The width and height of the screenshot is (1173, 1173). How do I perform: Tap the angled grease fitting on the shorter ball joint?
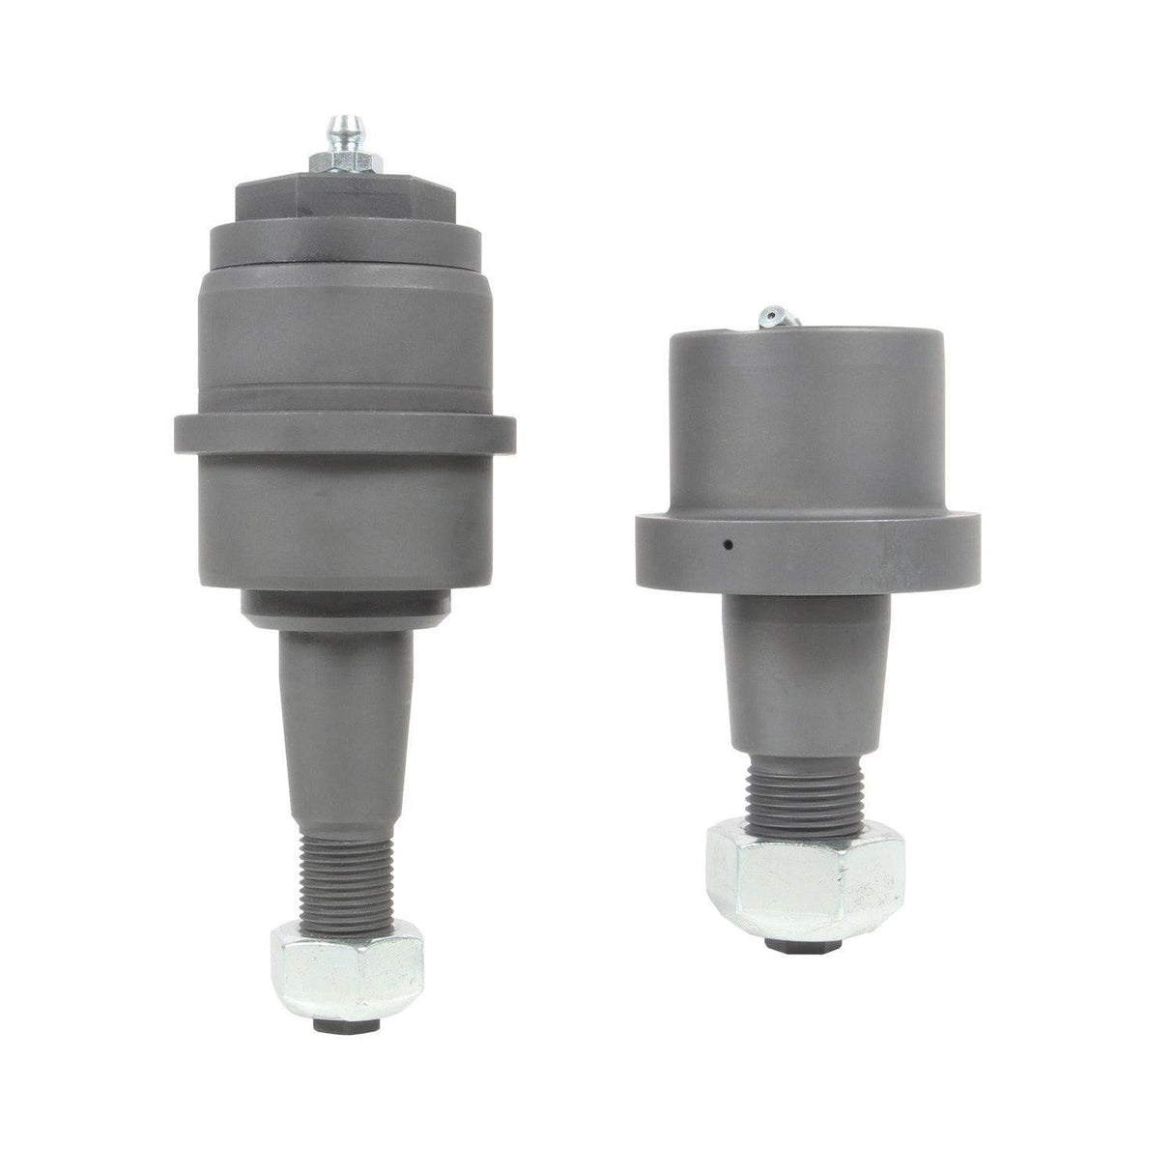click(x=773, y=315)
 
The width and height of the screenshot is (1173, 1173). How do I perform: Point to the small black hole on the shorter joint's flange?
click(x=729, y=545)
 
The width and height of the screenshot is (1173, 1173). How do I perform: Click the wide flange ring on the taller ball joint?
click(x=345, y=432)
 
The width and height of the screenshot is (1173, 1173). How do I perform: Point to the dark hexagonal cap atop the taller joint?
click(x=346, y=197)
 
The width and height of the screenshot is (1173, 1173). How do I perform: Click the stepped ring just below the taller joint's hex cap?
click(x=346, y=238)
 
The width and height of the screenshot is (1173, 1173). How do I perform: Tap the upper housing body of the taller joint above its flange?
click(x=345, y=333)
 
